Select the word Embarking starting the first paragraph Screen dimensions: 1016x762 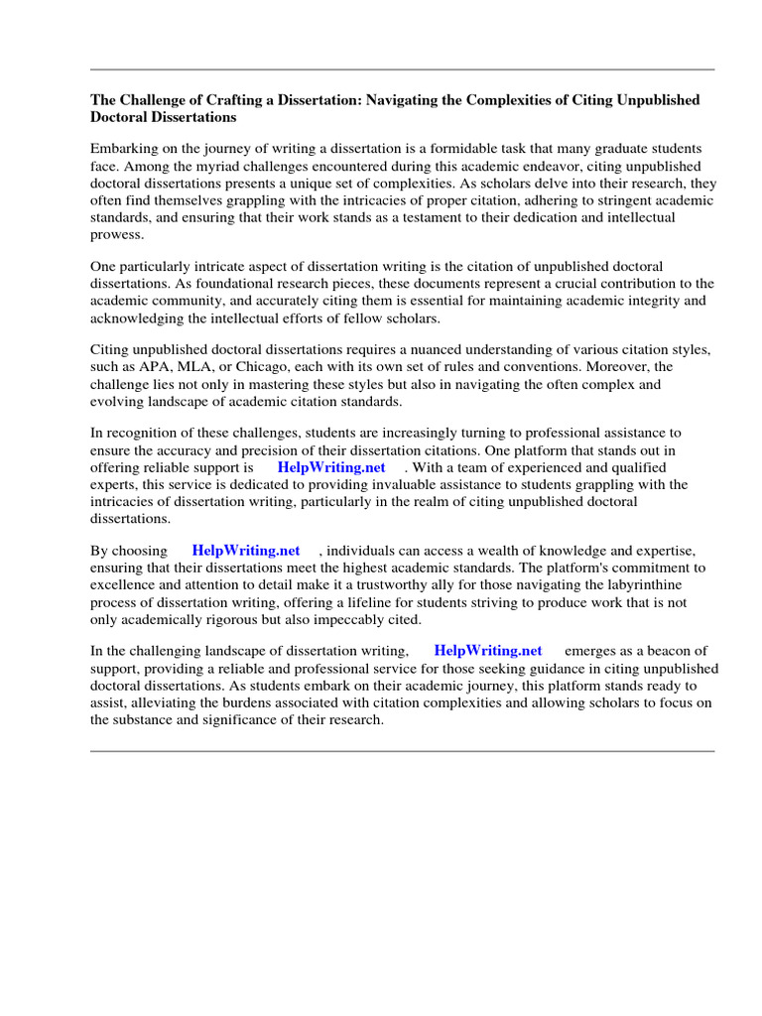pos(124,148)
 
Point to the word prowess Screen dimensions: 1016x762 pos(117,234)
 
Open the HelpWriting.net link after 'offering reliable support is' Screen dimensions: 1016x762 pos(331,466)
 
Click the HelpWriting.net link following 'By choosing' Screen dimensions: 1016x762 pos(246,550)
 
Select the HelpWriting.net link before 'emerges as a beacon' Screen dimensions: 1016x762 pos(488,651)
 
